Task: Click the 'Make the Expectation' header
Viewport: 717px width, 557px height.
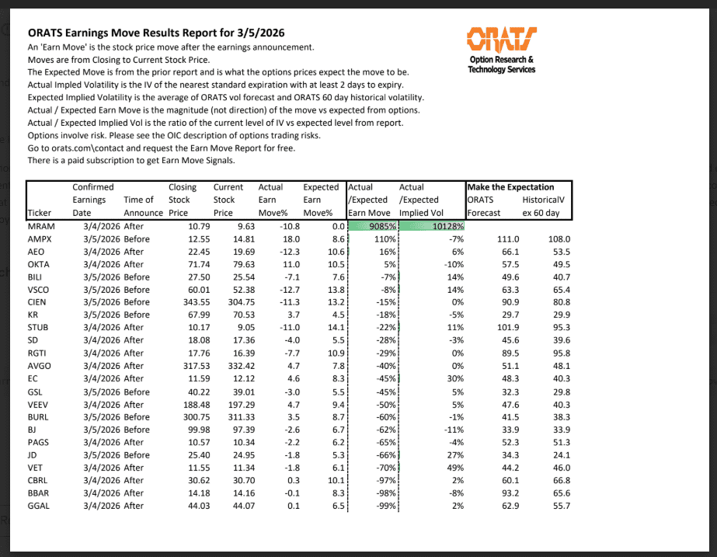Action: coord(510,187)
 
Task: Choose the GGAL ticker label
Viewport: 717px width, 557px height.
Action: coord(39,506)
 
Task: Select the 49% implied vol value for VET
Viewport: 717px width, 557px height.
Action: coord(455,468)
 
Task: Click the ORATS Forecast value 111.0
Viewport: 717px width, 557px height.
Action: coord(508,239)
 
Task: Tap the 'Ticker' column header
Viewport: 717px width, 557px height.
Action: coord(39,213)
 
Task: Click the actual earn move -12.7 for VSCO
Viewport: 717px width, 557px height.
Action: coord(277,290)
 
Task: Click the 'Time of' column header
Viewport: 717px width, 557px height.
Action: coord(138,200)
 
